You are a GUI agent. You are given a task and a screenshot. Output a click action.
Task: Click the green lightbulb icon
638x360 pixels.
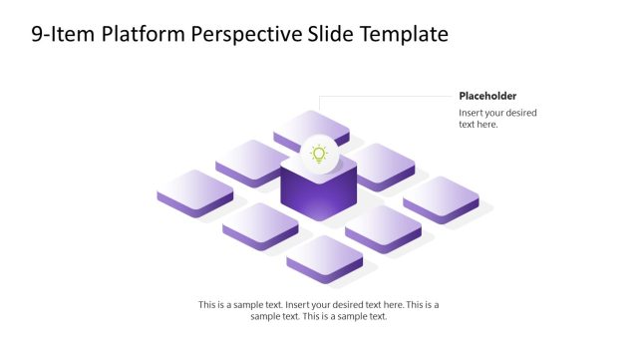tap(319, 154)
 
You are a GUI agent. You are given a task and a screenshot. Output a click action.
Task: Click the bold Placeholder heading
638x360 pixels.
tap(487, 96)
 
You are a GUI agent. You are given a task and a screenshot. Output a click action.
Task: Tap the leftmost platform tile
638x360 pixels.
tap(195, 189)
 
